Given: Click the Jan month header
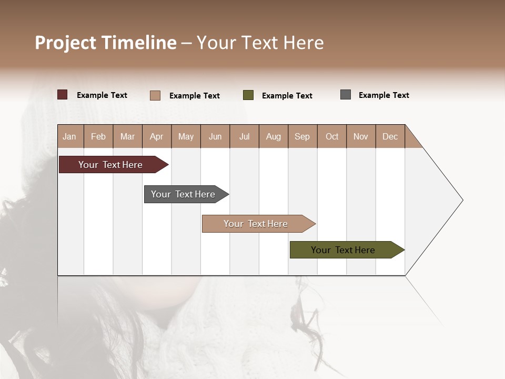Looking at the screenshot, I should tap(69, 136).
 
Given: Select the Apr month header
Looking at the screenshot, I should tap(156, 136).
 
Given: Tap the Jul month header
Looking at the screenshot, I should tap(244, 136).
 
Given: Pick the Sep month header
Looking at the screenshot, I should tap(302, 136).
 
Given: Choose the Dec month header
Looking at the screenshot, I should tap(390, 136).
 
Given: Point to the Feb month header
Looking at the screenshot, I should tap(98, 136).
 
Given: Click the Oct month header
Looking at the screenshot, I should tap(332, 136).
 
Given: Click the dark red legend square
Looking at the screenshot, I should tap(63, 95).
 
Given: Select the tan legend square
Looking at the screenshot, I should tap(155, 95).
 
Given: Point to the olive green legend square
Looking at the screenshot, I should tap(248, 95).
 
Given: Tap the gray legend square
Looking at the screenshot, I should tap(346, 95).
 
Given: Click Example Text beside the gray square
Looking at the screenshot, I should tap(383, 95).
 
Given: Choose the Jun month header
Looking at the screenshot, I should tap(215, 136).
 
